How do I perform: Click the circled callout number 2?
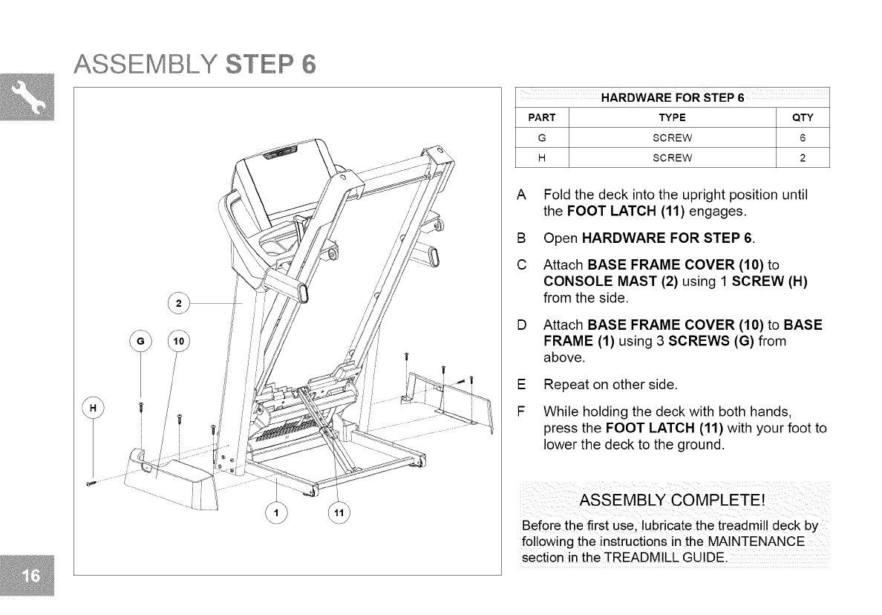178,304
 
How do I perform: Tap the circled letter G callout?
140,342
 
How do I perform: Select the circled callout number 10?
179,342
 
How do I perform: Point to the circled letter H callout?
93,409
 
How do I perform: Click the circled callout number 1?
276,512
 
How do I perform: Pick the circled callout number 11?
338,512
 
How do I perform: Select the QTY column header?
803,117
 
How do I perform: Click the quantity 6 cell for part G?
803,137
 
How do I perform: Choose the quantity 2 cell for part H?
803,157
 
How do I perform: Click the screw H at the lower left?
92,484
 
